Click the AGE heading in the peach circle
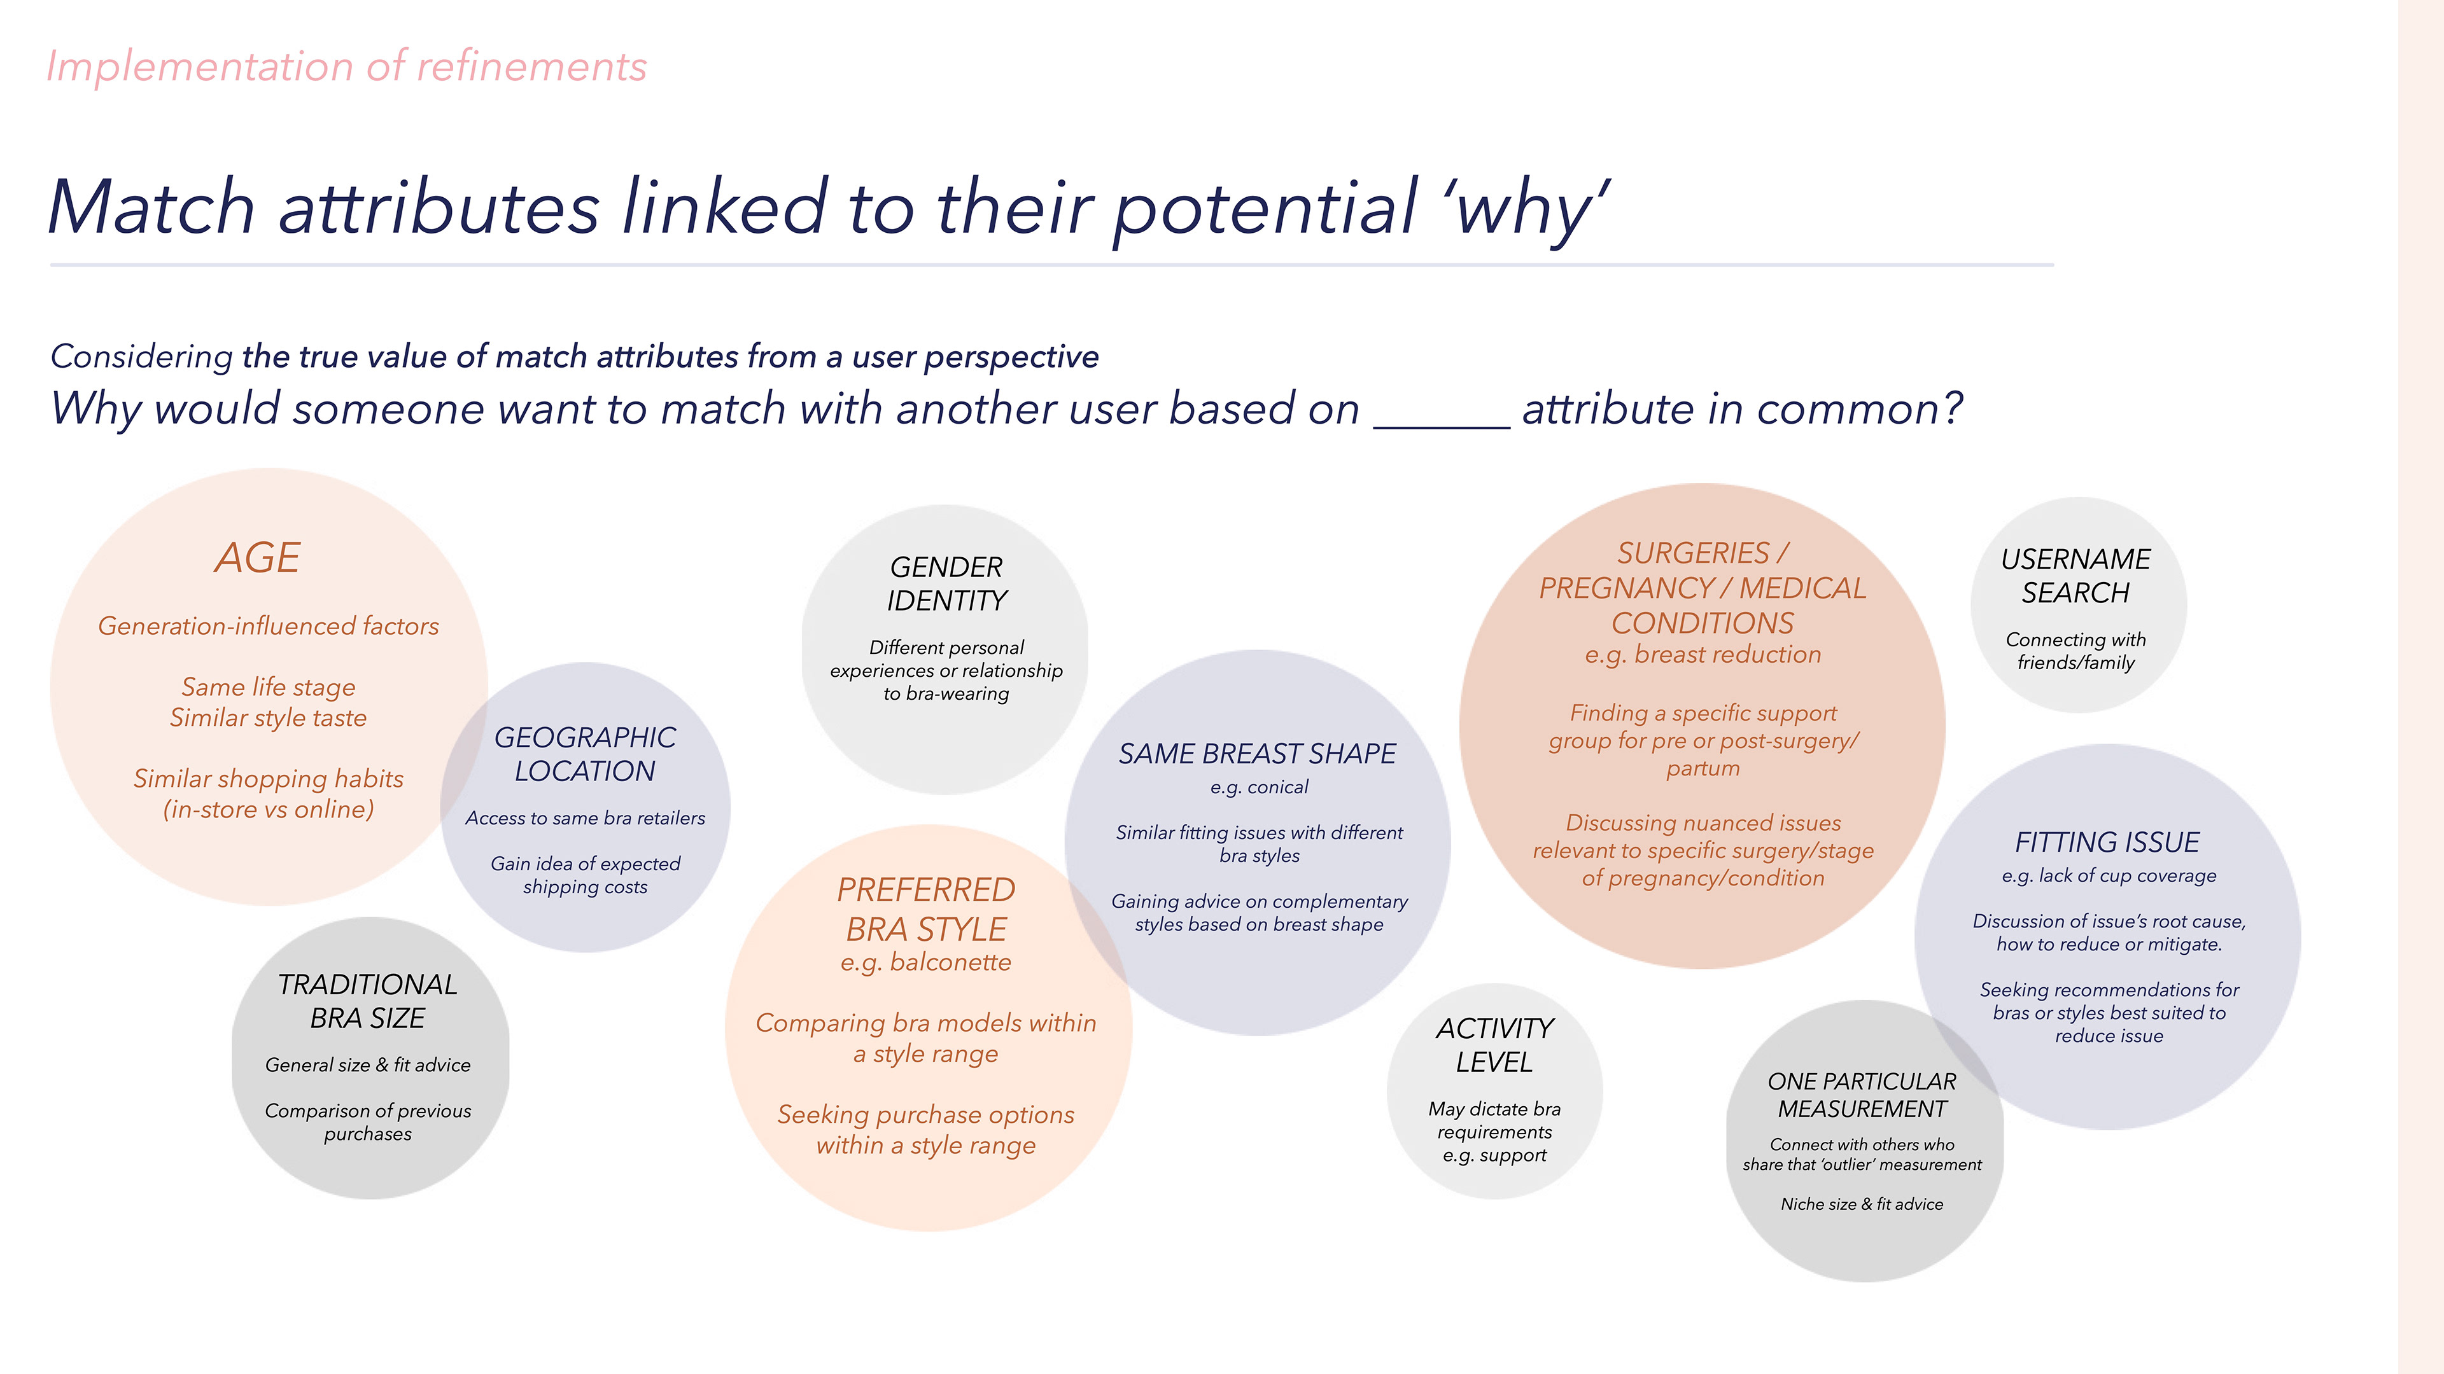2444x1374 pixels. [x=257, y=558]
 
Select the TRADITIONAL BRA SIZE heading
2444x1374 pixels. [x=367, y=1001]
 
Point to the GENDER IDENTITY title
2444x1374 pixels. [x=946, y=583]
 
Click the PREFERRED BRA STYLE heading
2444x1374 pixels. [x=926, y=908]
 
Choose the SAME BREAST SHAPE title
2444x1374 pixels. [x=1257, y=754]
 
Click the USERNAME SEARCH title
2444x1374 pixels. [x=2076, y=576]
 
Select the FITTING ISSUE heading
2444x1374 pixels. [x=2107, y=842]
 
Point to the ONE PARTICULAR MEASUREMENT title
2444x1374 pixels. [x=1862, y=1094]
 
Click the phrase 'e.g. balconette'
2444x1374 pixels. [x=926, y=962]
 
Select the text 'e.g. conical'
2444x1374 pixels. [x=1259, y=787]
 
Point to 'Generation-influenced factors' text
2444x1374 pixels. [x=269, y=626]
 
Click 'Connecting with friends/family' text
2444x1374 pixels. [x=2076, y=651]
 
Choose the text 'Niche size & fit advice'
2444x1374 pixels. [x=1862, y=1204]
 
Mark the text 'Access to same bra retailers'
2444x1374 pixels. [x=586, y=818]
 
